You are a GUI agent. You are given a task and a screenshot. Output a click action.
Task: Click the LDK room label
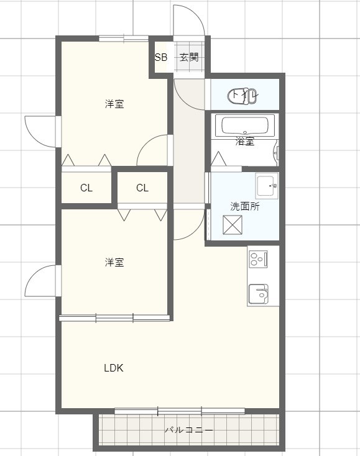point(113,368)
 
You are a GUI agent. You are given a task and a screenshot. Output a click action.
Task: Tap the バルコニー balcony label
point(189,430)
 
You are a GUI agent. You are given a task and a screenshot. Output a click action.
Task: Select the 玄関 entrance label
point(189,58)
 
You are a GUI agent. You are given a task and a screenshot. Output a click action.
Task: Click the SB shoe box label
point(161,58)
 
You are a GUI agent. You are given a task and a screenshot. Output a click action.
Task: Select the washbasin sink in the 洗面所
point(267,185)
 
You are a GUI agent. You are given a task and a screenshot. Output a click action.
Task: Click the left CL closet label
point(86,188)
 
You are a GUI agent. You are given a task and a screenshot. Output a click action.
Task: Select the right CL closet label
point(142,188)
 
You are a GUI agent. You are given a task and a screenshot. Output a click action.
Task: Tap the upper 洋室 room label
point(114,104)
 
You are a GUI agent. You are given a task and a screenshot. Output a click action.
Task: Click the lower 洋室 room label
point(114,263)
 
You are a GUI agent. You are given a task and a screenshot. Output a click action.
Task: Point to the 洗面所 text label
point(245,207)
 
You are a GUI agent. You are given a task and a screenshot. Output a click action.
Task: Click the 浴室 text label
point(245,142)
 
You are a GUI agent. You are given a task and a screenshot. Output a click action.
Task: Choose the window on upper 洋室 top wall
point(124,39)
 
